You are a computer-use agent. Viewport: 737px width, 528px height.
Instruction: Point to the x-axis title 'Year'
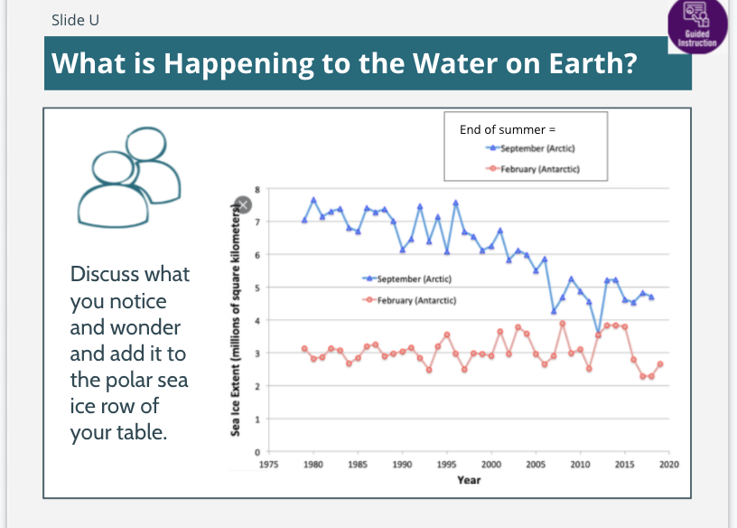click(469, 479)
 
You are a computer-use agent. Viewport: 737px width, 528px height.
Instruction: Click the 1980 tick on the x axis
click(313, 464)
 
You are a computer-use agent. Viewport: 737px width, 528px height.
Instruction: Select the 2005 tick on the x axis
click(536, 464)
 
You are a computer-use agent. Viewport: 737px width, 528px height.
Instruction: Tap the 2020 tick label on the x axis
click(668, 464)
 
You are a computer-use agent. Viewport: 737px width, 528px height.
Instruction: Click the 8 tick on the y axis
click(257, 189)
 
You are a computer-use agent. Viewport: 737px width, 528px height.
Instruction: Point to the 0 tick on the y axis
click(257, 451)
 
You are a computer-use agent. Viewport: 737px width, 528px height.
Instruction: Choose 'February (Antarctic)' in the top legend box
click(540, 168)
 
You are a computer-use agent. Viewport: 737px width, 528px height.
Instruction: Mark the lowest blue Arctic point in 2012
click(598, 333)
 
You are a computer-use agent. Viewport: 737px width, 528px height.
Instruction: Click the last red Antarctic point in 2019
click(660, 364)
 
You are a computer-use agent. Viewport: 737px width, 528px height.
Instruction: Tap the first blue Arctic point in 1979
click(304, 220)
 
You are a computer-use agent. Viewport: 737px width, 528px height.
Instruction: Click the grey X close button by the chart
click(241, 205)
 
